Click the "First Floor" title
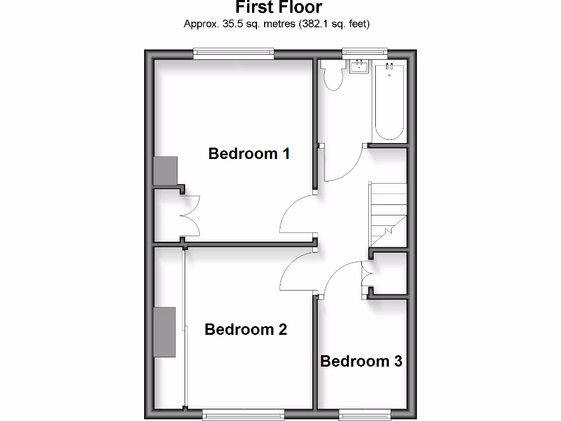coord(279,8)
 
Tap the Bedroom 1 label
coord(249,153)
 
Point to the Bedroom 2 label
coord(245,329)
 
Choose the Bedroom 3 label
coord(361,361)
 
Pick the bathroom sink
coord(359,67)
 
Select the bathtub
coord(390,102)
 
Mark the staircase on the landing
coord(388,214)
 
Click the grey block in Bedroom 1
coord(165,170)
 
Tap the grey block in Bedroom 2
coord(164,332)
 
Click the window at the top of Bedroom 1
coord(233,53)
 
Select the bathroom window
coord(365,53)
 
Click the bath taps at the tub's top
coord(390,67)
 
